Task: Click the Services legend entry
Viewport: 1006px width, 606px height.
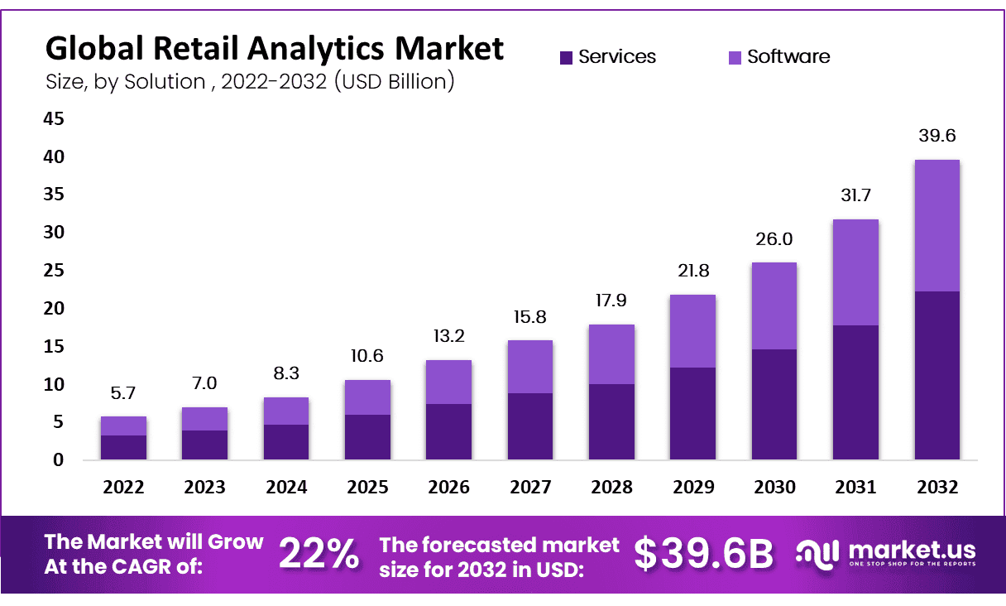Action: click(608, 57)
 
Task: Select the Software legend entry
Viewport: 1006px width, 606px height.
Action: click(778, 57)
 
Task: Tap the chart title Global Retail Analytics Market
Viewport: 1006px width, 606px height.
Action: click(274, 48)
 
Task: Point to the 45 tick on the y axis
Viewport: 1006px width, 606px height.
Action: click(53, 119)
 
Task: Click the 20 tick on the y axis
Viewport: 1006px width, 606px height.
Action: click(53, 309)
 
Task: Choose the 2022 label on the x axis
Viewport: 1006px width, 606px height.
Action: click(123, 488)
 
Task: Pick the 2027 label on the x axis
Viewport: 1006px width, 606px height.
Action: click(530, 488)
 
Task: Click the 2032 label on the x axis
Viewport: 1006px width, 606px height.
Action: click(937, 488)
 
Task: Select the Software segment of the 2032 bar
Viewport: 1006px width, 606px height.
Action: click(937, 225)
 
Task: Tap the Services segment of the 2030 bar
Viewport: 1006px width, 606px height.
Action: click(774, 404)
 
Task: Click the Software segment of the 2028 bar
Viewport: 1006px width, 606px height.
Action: click(612, 353)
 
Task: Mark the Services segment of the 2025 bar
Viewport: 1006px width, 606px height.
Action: click(367, 436)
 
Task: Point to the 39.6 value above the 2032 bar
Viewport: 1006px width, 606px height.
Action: click(937, 137)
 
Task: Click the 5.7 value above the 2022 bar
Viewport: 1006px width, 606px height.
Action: click(123, 393)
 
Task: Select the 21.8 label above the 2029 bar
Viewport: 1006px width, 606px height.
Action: click(693, 272)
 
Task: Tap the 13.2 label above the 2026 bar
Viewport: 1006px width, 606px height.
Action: click(449, 337)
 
